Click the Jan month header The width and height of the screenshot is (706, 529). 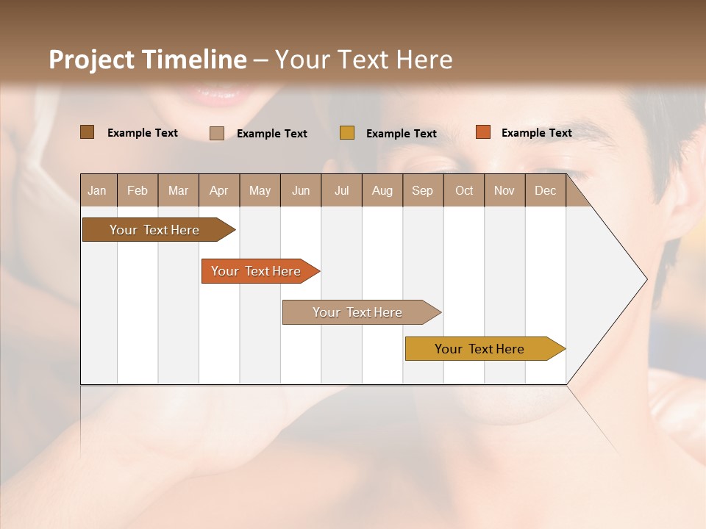[x=98, y=190]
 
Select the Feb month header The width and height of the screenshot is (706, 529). [x=138, y=190]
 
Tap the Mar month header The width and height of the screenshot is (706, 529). [x=178, y=190]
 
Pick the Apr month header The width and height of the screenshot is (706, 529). [x=219, y=190]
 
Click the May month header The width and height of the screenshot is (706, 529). [x=260, y=190]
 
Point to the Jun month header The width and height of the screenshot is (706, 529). [x=301, y=190]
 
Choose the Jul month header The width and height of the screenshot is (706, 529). [x=341, y=190]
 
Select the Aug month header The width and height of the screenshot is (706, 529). [x=382, y=190]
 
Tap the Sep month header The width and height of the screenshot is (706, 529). [x=423, y=190]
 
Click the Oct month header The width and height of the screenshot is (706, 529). [x=464, y=190]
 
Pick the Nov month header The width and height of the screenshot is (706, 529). [x=504, y=190]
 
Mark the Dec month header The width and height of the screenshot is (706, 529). [x=546, y=190]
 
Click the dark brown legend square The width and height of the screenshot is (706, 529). [x=88, y=132]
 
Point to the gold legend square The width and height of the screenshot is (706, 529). [x=347, y=133]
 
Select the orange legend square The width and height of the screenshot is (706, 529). [x=482, y=132]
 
